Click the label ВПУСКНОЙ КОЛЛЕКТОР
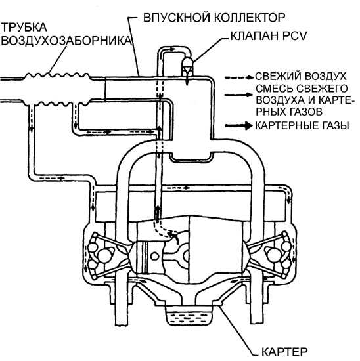point(214,18)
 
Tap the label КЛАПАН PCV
point(269,36)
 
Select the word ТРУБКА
point(24,27)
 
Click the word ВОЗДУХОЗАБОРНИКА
point(66,41)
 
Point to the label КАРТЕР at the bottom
point(284,352)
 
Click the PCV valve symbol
point(189,65)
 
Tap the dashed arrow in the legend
point(239,78)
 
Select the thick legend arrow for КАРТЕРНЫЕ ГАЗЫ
point(238,126)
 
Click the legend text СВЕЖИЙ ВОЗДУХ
point(300,76)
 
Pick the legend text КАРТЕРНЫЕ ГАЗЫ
point(302,126)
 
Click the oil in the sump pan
point(189,318)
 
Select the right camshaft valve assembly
point(276,255)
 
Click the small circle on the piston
point(155,256)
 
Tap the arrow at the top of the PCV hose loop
point(172,49)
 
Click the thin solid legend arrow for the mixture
point(238,95)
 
